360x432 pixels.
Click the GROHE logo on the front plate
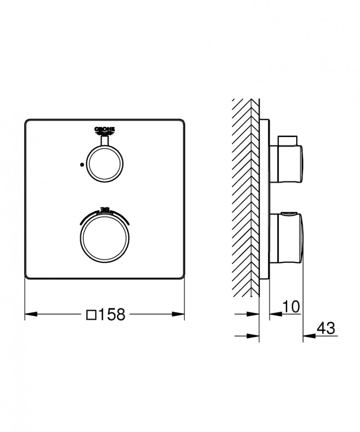tap(104, 131)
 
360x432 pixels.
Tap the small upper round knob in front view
tap(104, 164)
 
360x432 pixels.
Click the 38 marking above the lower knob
tap(104, 209)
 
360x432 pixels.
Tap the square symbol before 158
tap(91, 314)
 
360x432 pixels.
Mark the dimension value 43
tap(326, 328)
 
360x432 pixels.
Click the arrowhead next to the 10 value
tap(274, 314)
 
